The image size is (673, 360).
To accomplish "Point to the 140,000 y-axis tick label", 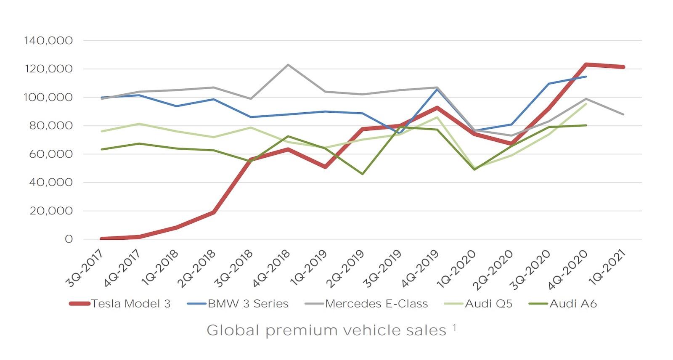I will point(49,41).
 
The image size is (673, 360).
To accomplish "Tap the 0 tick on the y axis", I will point(69,239).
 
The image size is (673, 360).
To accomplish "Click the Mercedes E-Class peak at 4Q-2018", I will point(288,64).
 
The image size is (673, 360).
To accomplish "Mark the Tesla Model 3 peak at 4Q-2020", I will point(586,64).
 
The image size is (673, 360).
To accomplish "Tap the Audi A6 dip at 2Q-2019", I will point(363,174).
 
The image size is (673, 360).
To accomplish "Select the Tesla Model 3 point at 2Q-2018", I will point(214,212).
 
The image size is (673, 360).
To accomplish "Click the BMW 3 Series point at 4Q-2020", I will point(586,77).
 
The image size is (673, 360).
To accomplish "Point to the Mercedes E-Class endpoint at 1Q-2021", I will point(623,114).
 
